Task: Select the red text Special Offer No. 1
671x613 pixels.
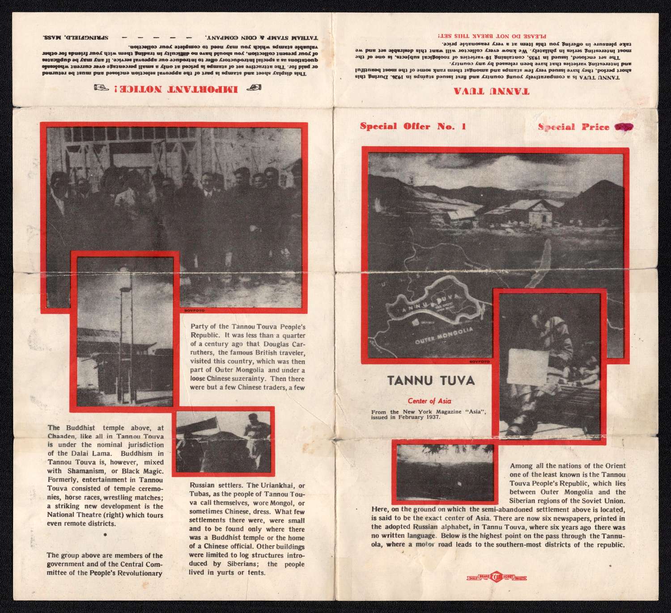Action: point(413,126)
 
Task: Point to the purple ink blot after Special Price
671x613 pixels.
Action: point(624,127)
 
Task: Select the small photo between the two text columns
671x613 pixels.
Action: point(223,441)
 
